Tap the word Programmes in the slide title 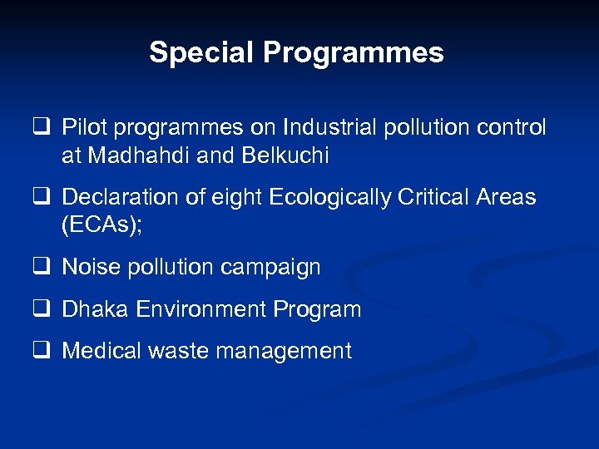(354, 53)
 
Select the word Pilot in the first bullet (80, 127)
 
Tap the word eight (235, 197)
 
